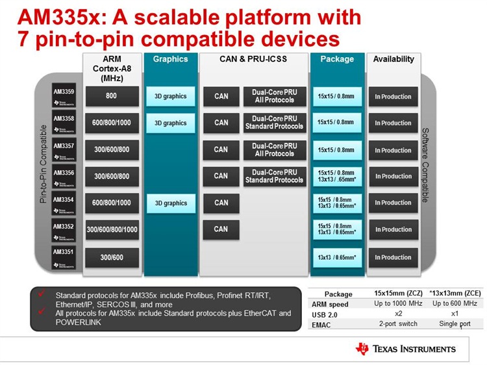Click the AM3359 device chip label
point(64,96)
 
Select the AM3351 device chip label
point(64,257)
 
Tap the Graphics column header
point(170,59)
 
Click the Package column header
point(336,59)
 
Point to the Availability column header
point(393,59)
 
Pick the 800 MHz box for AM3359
point(111,96)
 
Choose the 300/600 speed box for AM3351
point(111,257)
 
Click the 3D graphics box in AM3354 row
point(171,203)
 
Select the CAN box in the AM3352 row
point(221,229)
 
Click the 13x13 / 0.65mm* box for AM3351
point(336,257)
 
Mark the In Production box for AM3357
point(393,150)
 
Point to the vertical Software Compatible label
point(426,165)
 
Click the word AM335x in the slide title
point(55,17)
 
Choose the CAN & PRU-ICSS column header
point(253,59)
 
